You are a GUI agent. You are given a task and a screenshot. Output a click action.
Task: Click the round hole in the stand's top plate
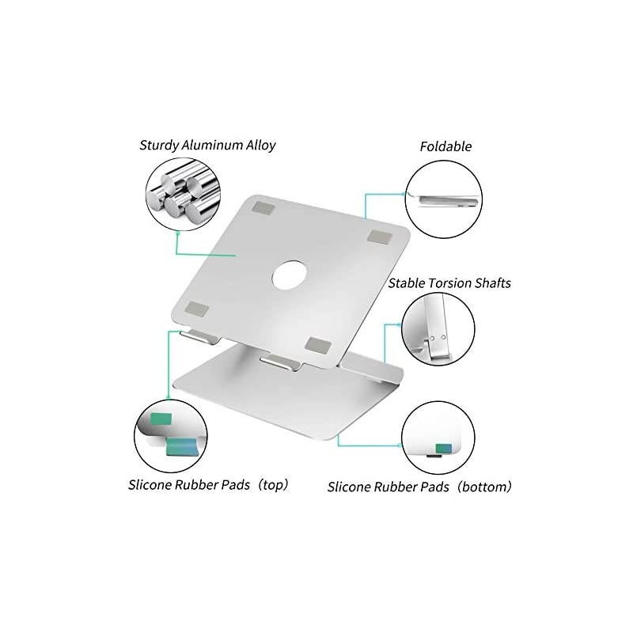289,275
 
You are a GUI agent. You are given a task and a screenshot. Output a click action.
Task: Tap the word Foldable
445,146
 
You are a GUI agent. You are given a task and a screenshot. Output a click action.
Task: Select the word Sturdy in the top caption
159,146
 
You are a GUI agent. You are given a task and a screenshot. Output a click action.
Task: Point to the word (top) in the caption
273,484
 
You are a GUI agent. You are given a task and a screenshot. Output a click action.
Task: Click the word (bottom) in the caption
484,487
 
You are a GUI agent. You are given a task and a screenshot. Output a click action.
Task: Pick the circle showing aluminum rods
184,194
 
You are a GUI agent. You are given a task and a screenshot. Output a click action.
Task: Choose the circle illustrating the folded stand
443,199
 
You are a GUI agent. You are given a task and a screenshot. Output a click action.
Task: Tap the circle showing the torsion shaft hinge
438,329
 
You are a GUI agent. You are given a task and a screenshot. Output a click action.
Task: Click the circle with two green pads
171,436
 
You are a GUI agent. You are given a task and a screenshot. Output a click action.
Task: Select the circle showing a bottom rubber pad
438,438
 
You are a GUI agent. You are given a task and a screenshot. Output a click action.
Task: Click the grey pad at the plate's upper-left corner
263,208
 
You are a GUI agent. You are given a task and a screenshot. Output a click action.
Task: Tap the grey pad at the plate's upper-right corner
381,237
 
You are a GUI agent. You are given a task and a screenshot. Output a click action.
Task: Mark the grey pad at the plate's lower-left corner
196,309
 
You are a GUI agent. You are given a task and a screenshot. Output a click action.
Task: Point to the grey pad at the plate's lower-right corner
318,345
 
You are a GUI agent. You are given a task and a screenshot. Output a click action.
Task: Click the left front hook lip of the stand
200,337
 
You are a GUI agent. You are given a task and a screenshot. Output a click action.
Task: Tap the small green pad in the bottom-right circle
444,449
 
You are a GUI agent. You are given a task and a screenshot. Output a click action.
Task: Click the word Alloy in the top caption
261,146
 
